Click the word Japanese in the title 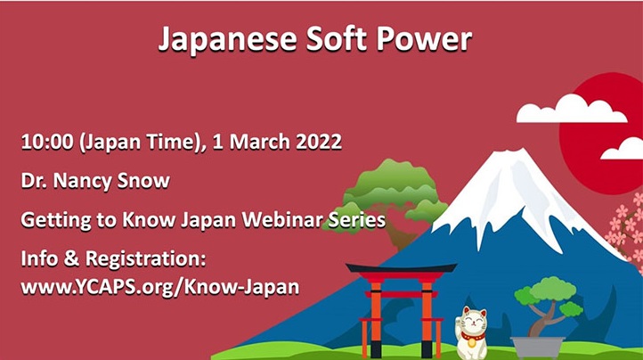pos(227,40)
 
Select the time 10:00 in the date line pos(47,142)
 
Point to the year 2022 pos(319,142)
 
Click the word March pos(260,142)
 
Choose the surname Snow pos(143,181)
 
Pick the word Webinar pos(281,219)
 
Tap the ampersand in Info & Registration pos(71,259)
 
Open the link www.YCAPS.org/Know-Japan pos(160,287)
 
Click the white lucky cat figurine pos(472,333)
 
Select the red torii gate pos(401,308)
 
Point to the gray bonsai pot pos(538,348)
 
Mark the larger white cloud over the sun pos(571,109)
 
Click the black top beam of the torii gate pos(401,268)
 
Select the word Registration pos(145,259)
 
